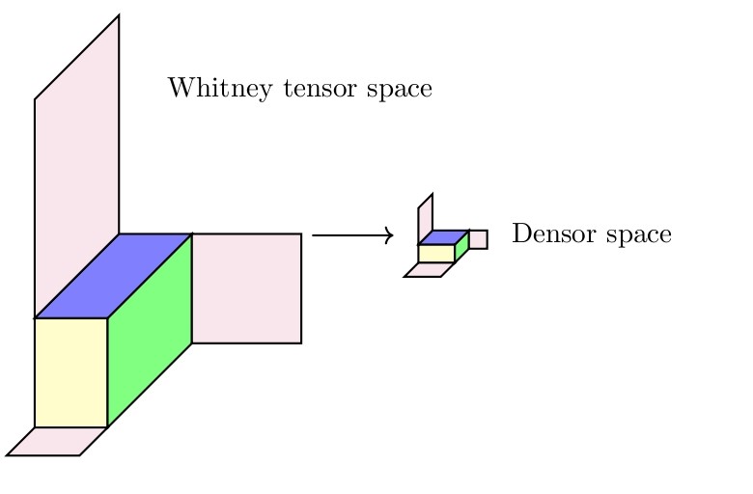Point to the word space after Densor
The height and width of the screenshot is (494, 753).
pos(637,236)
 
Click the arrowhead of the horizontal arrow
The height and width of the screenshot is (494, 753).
pos(388,234)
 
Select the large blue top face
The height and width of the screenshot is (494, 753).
pos(114,276)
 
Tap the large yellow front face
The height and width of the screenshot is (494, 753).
pos(70,371)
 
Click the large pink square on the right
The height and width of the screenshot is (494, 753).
pos(246,288)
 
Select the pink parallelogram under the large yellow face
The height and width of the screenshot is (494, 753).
pos(56,441)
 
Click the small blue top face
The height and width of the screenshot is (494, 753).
pos(443,237)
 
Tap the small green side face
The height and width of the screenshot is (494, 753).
pos(461,246)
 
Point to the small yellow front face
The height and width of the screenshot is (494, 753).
pos(436,254)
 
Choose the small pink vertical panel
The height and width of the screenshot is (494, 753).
pos(425,219)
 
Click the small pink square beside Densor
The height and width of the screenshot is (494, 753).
pos(478,239)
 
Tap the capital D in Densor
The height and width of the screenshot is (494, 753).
pos(519,234)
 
